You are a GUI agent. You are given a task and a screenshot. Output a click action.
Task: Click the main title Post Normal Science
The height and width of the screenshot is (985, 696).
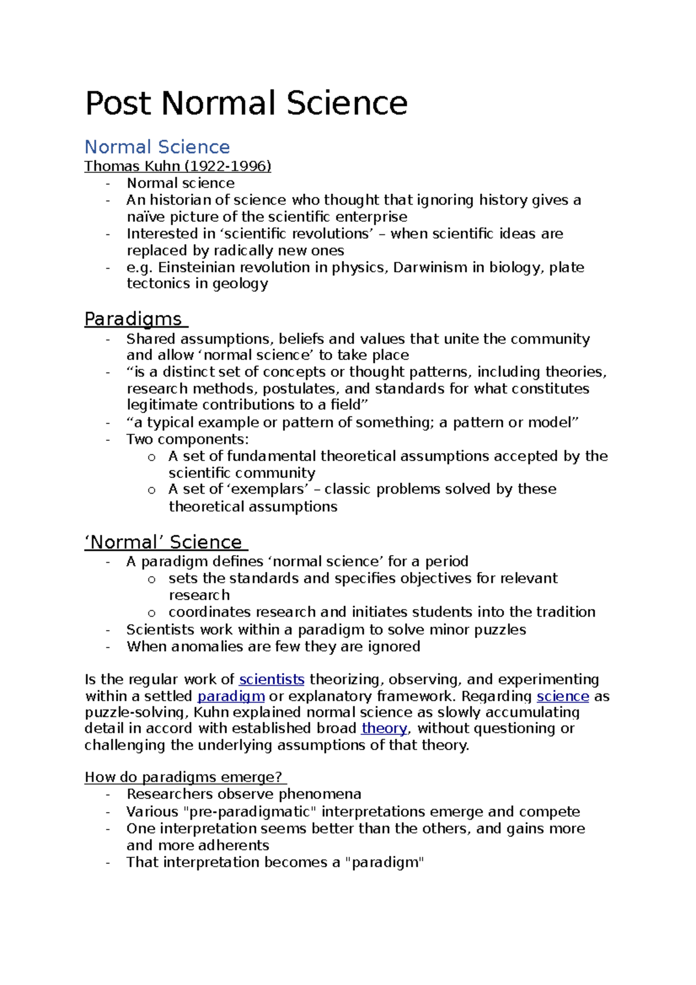(x=246, y=103)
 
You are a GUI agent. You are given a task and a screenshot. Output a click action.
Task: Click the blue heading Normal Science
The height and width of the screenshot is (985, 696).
(x=157, y=147)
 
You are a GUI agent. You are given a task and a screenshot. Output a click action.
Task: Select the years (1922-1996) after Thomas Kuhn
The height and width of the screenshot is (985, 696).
(x=227, y=166)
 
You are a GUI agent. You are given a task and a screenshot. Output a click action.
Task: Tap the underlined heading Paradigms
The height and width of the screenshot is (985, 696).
(x=133, y=319)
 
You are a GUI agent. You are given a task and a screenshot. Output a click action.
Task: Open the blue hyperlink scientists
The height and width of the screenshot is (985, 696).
(x=271, y=679)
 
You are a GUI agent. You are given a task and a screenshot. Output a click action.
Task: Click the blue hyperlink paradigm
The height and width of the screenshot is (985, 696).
(x=231, y=696)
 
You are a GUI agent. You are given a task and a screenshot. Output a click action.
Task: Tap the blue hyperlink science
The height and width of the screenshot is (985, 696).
(x=563, y=696)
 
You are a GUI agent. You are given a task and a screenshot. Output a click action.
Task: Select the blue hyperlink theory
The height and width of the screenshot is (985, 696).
(x=384, y=729)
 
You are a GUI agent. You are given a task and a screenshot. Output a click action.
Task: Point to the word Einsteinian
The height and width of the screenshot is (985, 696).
(x=197, y=267)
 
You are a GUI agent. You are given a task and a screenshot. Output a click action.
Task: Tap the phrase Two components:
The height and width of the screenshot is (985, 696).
(x=187, y=439)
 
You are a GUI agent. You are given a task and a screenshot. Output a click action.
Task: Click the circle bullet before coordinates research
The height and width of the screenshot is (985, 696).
(x=152, y=613)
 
